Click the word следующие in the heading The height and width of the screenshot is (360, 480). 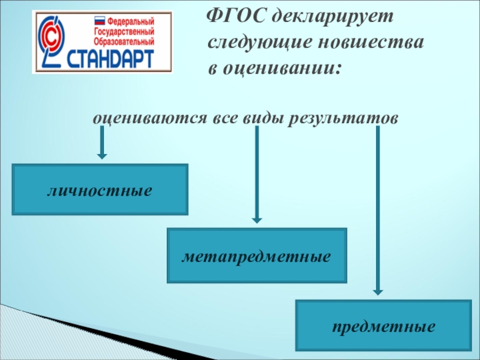(x=248, y=43)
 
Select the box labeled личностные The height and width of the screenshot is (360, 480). (x=100, y=190)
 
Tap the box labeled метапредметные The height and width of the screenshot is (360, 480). (x=257, y=256)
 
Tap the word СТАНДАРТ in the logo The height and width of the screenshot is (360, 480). (x=115, y=59)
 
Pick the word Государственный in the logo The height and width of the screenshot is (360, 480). (x=124, y=32)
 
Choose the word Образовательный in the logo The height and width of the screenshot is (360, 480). (x=124, y=42)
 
